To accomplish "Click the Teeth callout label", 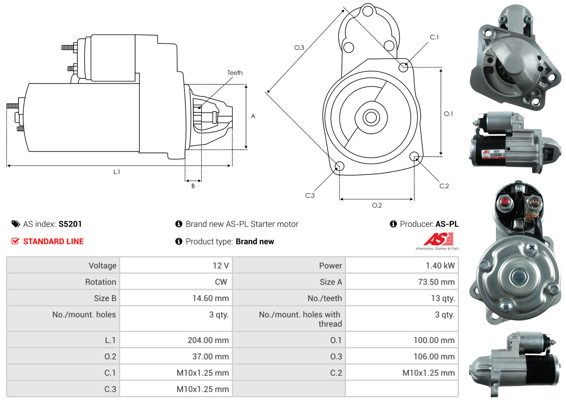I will click(235, 73).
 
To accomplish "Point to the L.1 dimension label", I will click(117, 172).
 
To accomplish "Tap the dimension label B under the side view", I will click(193, 186).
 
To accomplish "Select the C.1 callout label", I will click(434, 37).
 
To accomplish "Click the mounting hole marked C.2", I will click(414, 156).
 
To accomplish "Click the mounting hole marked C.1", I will click(403, 67).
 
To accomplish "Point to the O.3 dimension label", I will click(299, 47).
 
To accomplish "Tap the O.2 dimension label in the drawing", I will click(377, 205).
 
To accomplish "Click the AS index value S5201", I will click(70, 224).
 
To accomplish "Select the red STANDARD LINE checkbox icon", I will click(15, 241).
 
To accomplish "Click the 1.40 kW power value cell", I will click(440, 266).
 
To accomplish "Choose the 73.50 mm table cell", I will click(436, 282).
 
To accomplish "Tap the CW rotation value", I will click(221, 282).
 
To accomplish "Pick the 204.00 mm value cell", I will click(208, 340).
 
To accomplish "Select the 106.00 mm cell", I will click(434, 356).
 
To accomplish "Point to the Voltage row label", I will click(102, 266).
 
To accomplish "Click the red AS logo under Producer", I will click(438, 239).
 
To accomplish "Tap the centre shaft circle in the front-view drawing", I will click(370, 117).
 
